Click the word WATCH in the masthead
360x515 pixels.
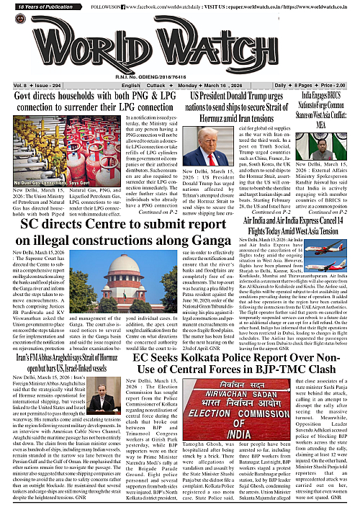[246, 40]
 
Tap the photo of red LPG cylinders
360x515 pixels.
[40, 148]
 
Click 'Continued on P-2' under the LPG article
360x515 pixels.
[159, 212]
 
